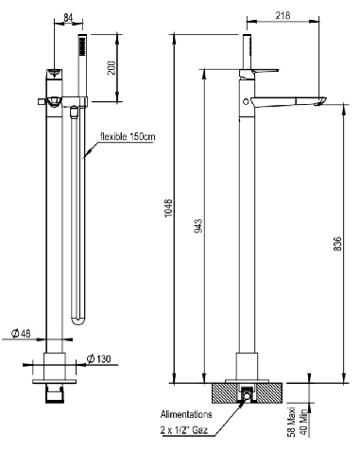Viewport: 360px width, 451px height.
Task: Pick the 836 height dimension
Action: pos(337,243)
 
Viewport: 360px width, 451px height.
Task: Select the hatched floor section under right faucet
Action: pos(226,389)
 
